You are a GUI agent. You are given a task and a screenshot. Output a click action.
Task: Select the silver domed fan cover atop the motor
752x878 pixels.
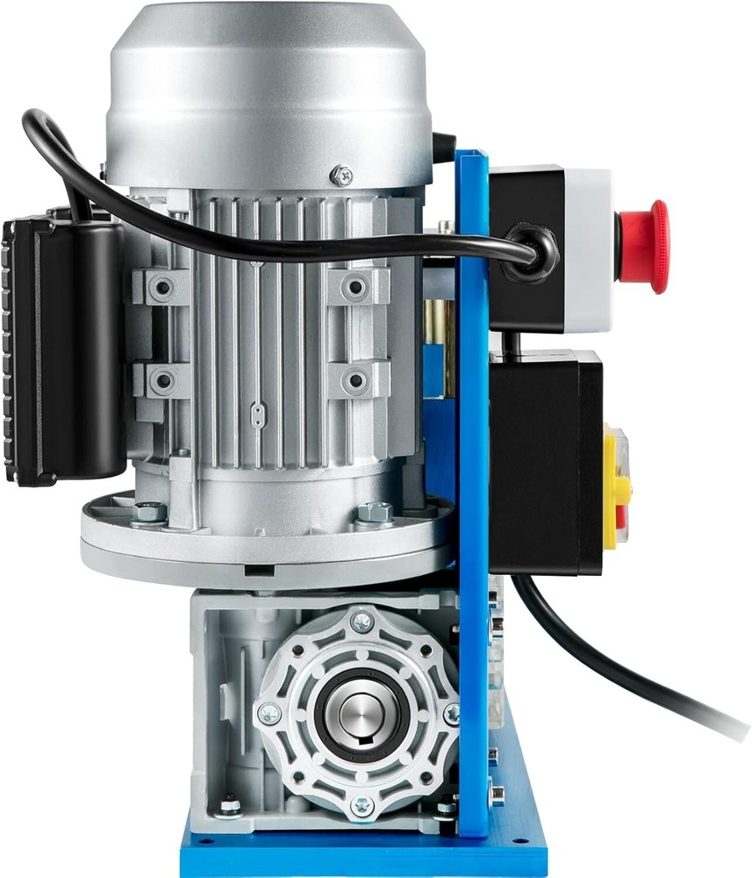pos(269,88)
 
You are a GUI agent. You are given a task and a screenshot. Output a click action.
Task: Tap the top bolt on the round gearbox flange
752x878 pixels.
pos(362,622)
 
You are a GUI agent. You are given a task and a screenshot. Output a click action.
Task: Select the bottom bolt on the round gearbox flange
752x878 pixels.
pos(362,804)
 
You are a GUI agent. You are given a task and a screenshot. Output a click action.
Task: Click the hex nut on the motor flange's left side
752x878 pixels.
pos(148,512)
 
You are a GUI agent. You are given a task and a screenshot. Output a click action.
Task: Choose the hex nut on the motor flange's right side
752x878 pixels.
pos(376,512)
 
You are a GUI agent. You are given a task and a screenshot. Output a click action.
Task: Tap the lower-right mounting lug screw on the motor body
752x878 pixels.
pos(355,381)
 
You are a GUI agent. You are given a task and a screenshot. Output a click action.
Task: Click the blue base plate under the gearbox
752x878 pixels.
pos(360,856)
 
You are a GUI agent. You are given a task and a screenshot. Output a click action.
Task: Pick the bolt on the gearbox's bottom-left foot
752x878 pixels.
pos(230,805)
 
